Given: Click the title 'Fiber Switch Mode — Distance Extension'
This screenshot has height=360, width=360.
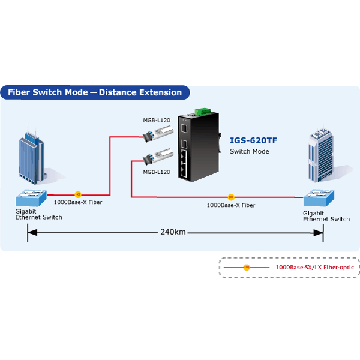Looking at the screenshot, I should click(95, 92).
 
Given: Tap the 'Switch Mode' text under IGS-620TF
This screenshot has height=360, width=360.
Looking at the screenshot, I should click(250, 151).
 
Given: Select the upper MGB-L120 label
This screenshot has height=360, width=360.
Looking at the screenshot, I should click(157, 121).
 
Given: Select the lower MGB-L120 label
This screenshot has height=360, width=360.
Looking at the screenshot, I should click(157, 172).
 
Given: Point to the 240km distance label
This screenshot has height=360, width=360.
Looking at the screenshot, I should click(173, 232).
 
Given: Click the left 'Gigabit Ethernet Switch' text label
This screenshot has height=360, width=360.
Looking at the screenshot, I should click(38, 214).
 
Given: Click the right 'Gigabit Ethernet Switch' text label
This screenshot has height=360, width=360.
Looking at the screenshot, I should click(326, 216).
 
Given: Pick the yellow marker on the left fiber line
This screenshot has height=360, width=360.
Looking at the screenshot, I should click(77, 194).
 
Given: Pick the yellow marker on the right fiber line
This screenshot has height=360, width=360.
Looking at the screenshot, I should click(231, 197).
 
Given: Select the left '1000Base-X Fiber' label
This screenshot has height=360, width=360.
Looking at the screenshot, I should click(78, 203).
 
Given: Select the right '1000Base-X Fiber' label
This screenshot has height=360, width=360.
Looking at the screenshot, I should click(231, 205).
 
